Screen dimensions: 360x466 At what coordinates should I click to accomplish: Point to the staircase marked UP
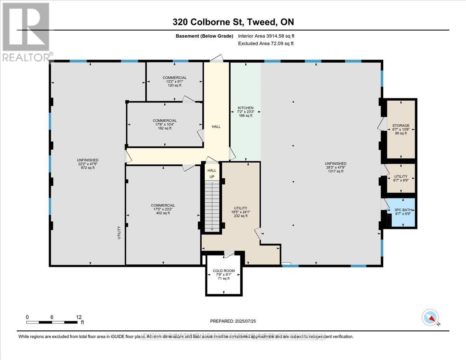212,206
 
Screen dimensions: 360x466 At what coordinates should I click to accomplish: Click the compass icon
430,317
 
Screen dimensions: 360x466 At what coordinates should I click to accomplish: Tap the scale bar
52,322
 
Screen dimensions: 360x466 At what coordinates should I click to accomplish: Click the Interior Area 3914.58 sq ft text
269,36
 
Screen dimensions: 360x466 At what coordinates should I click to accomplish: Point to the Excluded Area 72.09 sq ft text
266,43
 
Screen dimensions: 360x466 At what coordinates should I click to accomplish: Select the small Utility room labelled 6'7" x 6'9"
400,178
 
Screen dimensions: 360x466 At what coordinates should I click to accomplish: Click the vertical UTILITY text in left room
119,232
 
